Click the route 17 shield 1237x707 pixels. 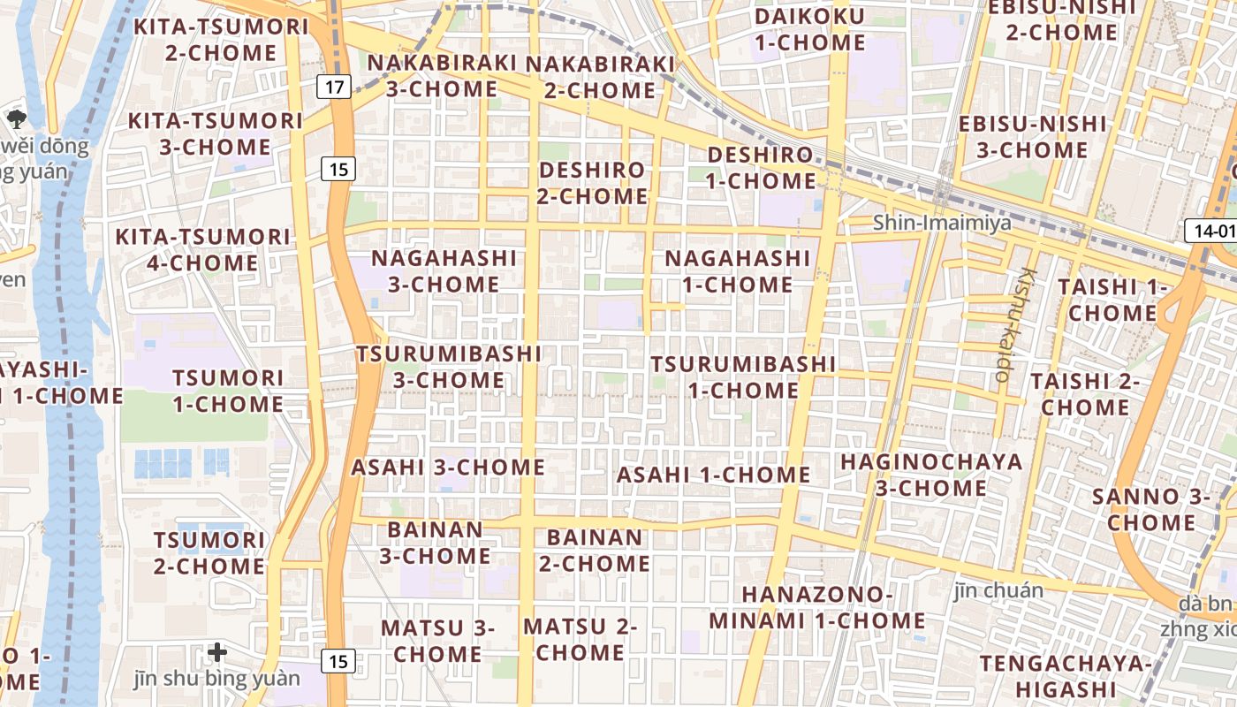click(x=334, y=87)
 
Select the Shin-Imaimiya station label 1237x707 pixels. click(x=942, y=223)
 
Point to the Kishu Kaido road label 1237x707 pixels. click(x=1013, y=324)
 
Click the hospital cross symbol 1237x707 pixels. click(x=217, y=653)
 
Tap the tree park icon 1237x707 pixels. click(x=16, y=118)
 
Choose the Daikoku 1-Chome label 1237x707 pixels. click(x=809, y=29)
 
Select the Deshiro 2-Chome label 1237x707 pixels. click(x=592, y=183)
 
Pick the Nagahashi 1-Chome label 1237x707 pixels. click(x=737, y=271)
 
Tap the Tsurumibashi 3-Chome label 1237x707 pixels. click(x=449, y=367)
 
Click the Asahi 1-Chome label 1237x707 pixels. click(x=713, y=475)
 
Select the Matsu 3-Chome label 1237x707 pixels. click(x=437, y=641)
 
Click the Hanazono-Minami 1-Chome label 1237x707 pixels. click(x=816, y=607)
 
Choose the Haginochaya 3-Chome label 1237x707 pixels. click(x=930, y=475)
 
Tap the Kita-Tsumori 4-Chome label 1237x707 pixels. click(x=202, y=250)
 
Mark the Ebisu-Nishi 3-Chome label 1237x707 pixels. click(x=1032, y=137)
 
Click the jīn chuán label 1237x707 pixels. click(x=998, y=589)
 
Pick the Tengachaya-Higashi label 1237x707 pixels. click(x=1066, y=676)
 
